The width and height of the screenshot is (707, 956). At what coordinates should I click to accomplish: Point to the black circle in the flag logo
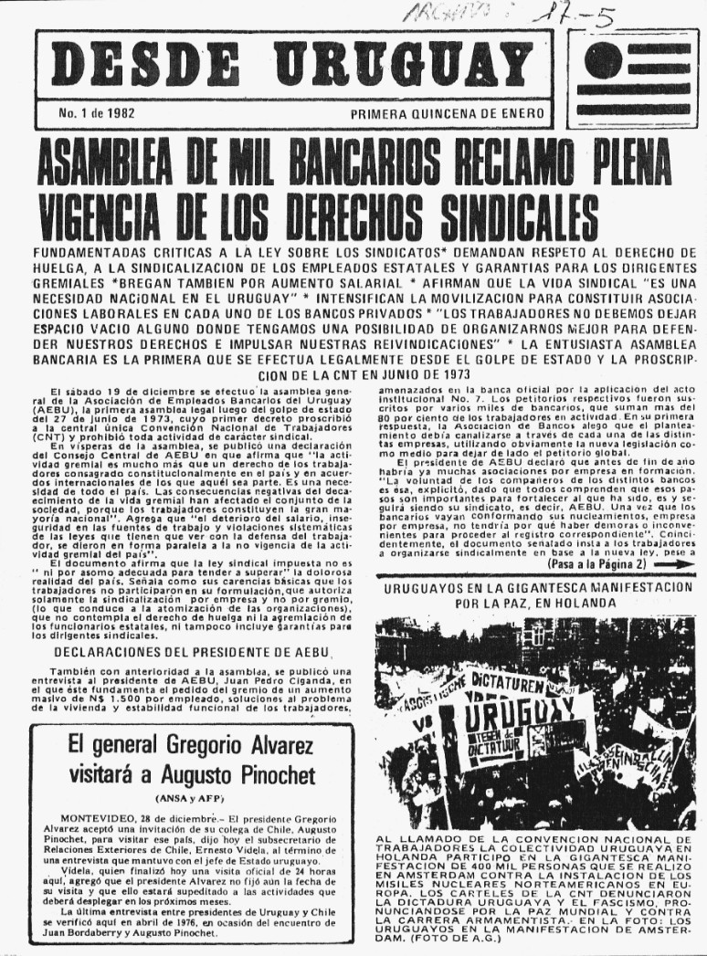(604, 62)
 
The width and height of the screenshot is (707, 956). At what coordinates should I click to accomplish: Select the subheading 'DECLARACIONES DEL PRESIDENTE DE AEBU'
(192, 651)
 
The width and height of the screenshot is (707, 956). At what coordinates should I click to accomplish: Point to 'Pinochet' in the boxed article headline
(266, 775)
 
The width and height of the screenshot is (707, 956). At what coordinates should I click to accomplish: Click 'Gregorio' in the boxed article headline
(191, 742)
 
